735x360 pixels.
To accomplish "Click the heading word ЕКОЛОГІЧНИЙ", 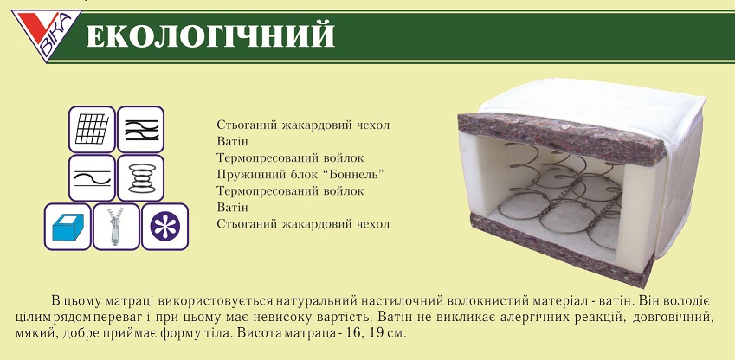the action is tap(210, 35).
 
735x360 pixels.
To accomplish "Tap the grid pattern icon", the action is tap(92, 129).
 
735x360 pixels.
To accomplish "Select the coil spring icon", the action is tap(140, 177).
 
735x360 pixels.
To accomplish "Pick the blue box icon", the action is tap(68, 227).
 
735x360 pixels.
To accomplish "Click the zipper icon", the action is tap(116, 227).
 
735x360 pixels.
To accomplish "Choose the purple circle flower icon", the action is tap(165, 227).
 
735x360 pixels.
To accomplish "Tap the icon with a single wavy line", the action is tap(92, 177).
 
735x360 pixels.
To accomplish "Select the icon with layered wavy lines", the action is tap(140, 129).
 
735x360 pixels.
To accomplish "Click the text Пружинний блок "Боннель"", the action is tap(300, 175).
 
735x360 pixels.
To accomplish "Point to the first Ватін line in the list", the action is tap(233, 142).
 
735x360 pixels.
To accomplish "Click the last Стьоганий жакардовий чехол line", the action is tap(303, 224).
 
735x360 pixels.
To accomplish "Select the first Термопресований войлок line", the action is tap(290, 158).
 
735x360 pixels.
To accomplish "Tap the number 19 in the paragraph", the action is tap(380, 335).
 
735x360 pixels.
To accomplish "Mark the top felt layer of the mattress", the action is tap(560, 138).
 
